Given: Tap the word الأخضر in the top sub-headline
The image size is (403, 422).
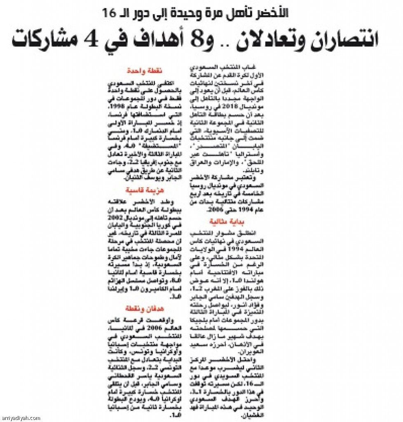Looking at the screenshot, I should tap(268, 12).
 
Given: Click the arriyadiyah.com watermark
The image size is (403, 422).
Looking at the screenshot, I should tap(21, 417).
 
